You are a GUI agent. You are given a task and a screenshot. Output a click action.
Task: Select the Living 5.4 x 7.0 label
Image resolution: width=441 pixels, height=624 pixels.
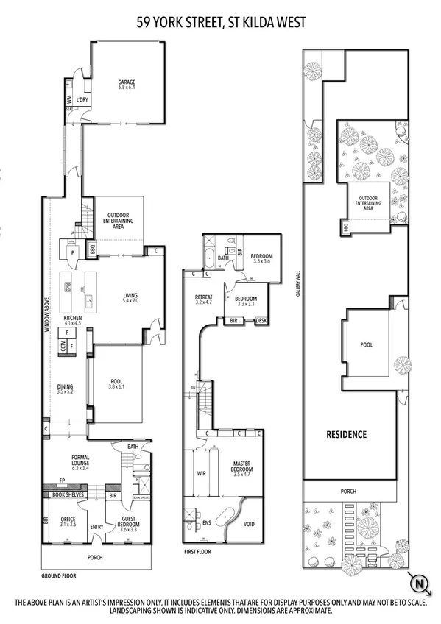[x=130, y=299]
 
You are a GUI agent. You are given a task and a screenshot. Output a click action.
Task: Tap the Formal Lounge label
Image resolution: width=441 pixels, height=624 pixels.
[x=80, y=461]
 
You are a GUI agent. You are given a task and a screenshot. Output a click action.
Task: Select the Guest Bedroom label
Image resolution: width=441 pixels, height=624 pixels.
[x=130, y=522]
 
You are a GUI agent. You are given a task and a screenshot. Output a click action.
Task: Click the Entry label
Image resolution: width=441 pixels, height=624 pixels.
[x=96, y=526]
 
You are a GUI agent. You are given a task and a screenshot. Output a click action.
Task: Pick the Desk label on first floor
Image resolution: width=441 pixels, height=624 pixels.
[x=261, y=321]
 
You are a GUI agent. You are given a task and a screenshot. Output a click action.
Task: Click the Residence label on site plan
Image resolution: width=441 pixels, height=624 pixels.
[x=346, y=434]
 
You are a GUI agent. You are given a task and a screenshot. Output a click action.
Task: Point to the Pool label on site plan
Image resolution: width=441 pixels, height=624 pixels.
[x=366, y=344]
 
